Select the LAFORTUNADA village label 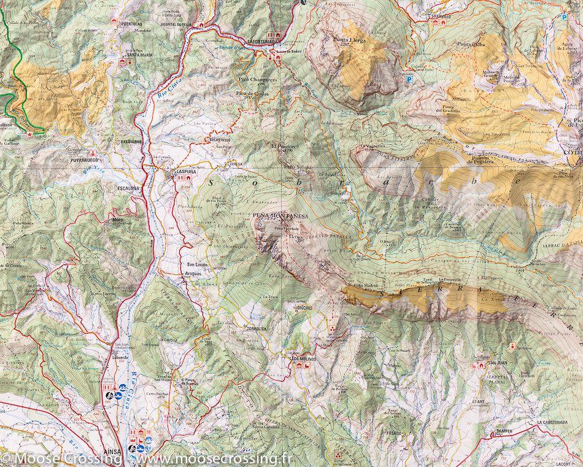click(x=263, y=41)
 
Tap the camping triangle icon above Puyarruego click(x=91, y=152)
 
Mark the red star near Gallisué click(x=29, y=133)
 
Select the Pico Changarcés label click(x=258, y=80)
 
